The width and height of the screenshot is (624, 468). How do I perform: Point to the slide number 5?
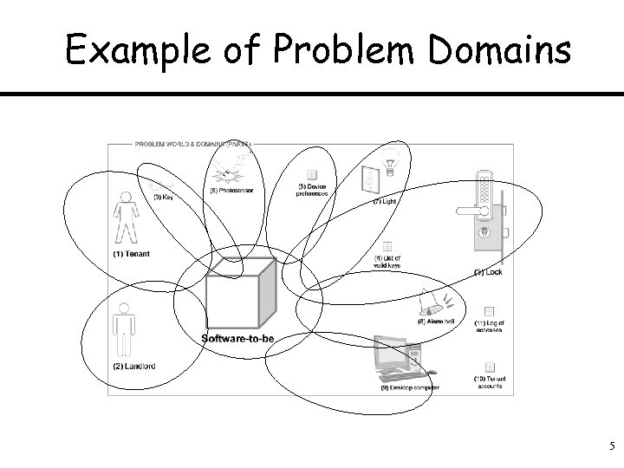[611, 447]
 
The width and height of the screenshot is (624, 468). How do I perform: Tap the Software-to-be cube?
[240, 295]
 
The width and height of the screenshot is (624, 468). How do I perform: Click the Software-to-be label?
[237, 338]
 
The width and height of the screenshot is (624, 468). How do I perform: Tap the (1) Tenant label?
[131, 254]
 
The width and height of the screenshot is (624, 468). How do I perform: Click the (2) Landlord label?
[133, 366]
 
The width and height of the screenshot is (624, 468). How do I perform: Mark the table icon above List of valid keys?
[387, 247]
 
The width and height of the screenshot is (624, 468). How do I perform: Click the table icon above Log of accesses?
[488, 311]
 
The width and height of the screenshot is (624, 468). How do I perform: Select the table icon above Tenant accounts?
[488, 367]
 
